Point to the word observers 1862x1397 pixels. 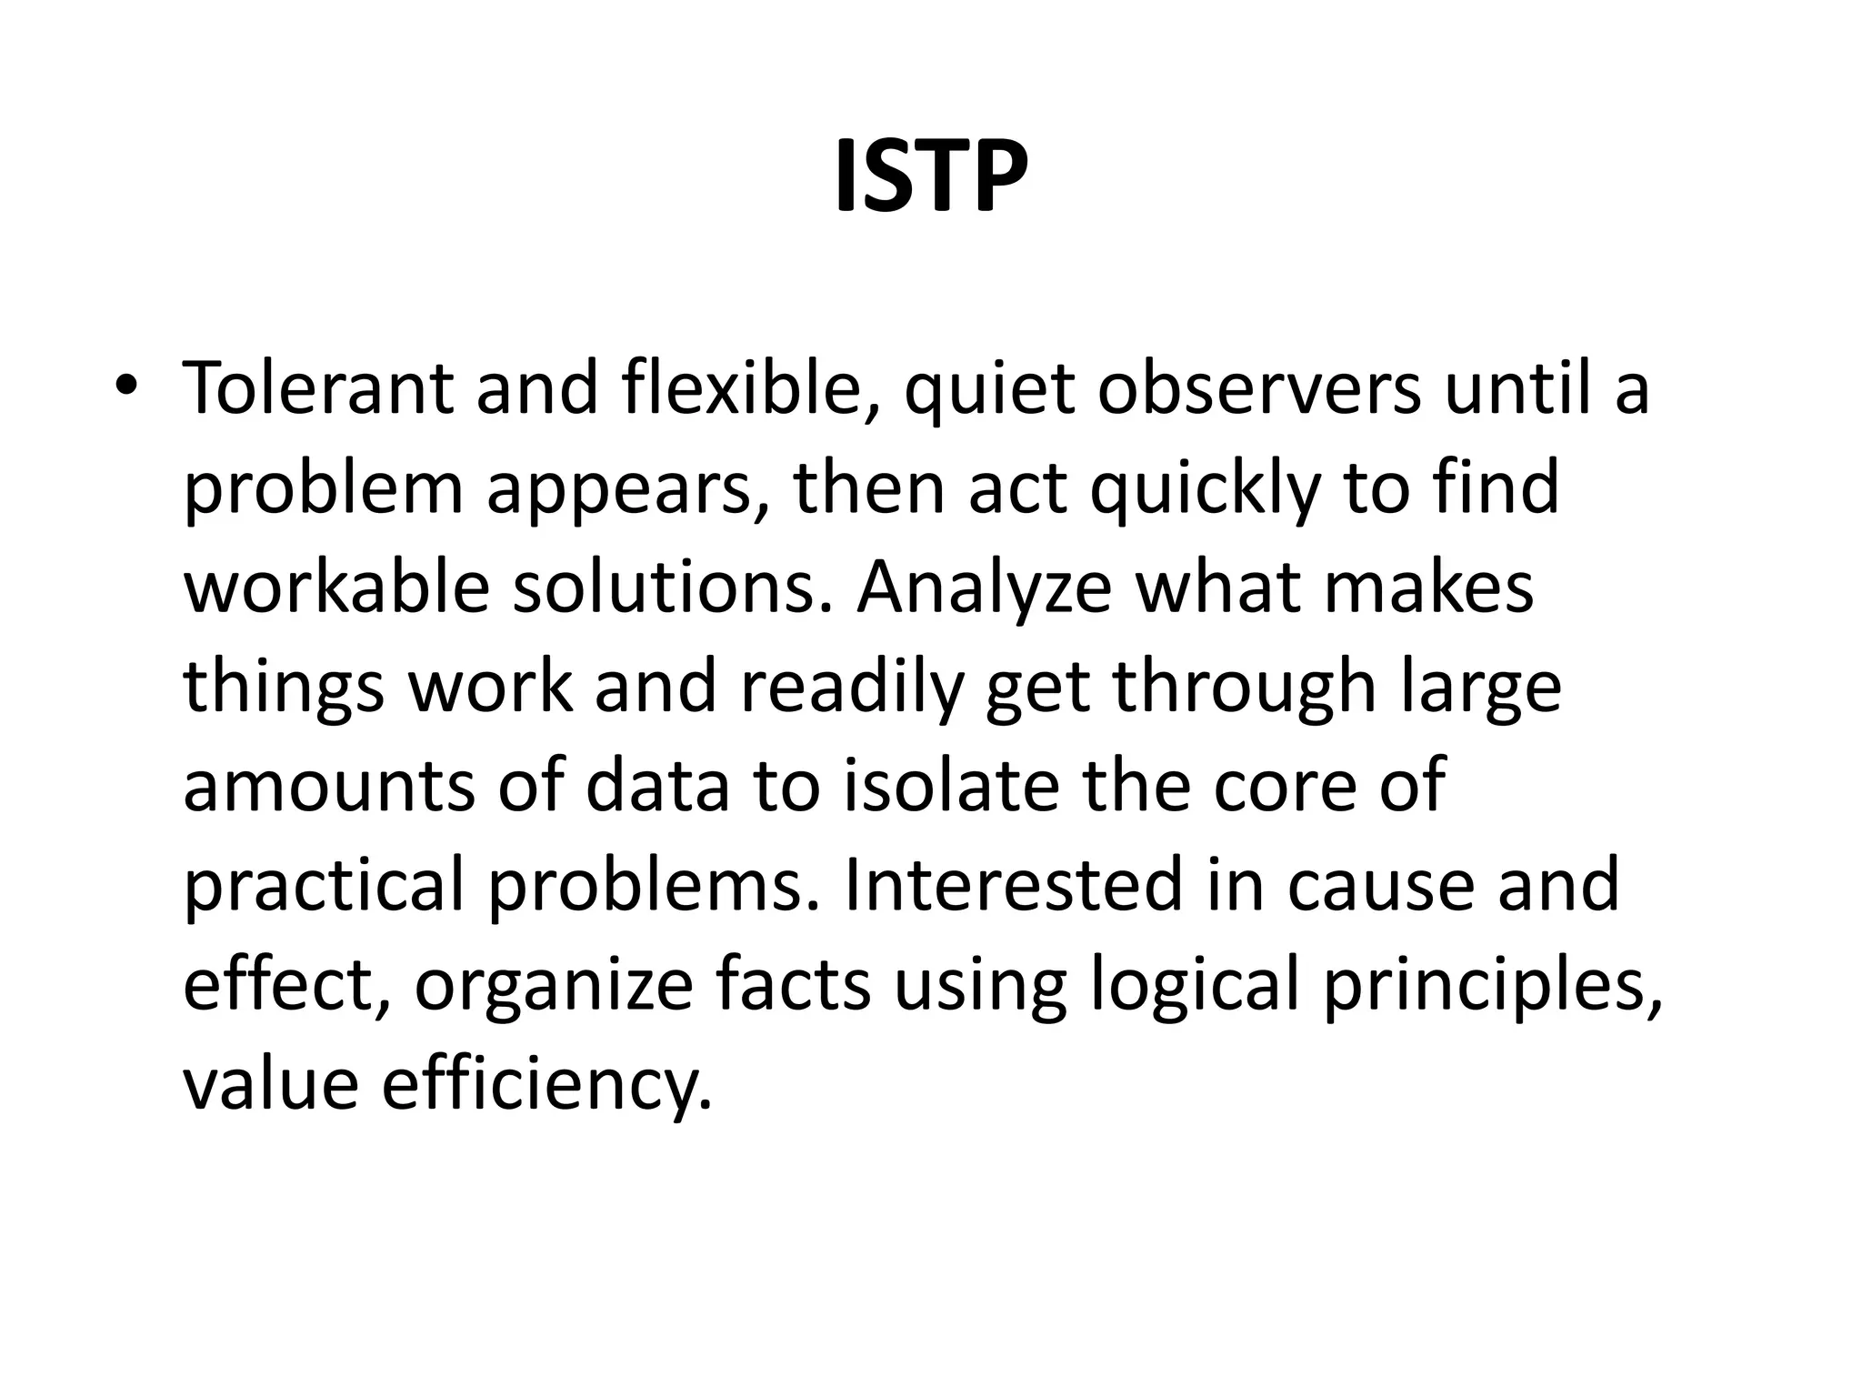1258,388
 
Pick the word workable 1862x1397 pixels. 336,588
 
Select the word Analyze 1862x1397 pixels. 984,588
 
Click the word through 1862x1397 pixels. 1244,688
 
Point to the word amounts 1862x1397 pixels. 328,787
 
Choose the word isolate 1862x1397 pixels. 951,787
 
